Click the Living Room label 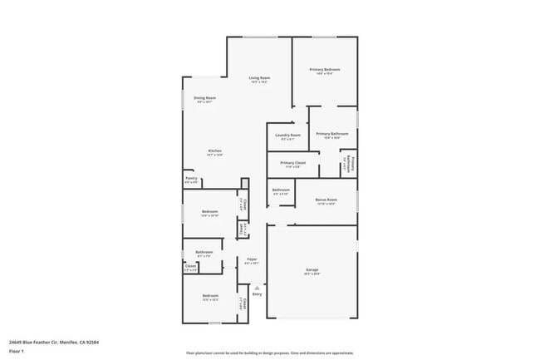click(259, 78)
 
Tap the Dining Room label click(205, 98)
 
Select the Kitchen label click(214, 151)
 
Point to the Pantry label click(191, 178)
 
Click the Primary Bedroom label click(325, 69)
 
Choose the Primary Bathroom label click(331, 134)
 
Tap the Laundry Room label click(288, 135)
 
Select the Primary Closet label click(293, 163)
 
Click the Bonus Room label click(326, 200)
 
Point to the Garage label click(312, 270)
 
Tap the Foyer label click(252, 259)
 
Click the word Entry click(257, 293)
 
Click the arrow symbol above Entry click(257, 288)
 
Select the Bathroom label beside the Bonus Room click(281, 190)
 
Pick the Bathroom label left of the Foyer click(204, 252)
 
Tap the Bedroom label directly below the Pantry click(209, 211)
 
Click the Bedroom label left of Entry click(210, 295)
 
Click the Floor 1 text click(17, 351)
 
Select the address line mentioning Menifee click(47, 341)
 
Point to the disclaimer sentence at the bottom click(269, 353)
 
